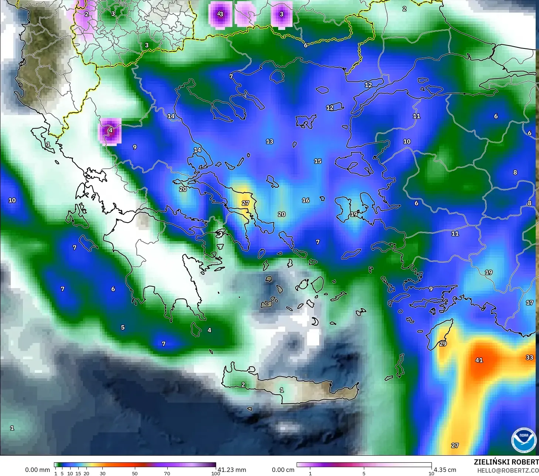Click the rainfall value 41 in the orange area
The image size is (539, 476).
pos(479,360)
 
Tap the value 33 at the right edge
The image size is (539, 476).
pos(529,357)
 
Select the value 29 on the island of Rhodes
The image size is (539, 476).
pos(443,344)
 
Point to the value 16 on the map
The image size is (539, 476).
pos(306,200)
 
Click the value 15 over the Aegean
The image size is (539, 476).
pos(318,161)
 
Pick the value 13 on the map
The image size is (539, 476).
pos(270,142)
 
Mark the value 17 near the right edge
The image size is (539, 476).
pos(529,303)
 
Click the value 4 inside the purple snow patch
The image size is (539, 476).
pos(110,130)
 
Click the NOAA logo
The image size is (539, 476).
pos(523,440)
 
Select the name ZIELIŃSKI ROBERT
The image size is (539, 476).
pos(506,462)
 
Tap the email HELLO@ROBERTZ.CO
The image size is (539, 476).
pos(508,470)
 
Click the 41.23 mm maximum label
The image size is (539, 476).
pos(232,470)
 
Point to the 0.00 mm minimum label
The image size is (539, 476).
pos(37,470)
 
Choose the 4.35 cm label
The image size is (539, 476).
pos(445,470)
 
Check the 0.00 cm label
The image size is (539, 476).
pos(283,470)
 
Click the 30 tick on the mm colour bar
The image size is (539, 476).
pos(103,473)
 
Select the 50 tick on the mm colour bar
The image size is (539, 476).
pos(135,473)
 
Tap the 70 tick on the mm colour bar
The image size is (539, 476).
pos(167,473)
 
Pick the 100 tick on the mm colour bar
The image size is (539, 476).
pos(215,473)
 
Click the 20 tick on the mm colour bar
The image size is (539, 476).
pos(86,473)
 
